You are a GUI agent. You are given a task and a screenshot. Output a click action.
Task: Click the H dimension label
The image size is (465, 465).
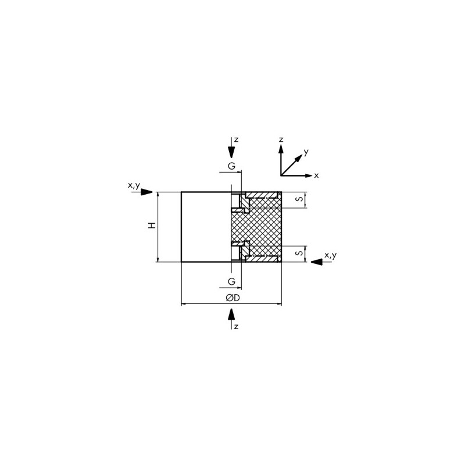coord(152,226)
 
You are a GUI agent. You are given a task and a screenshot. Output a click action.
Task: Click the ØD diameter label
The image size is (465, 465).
coord(233,298)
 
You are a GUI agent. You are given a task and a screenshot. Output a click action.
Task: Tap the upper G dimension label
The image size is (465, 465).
coord(231,166)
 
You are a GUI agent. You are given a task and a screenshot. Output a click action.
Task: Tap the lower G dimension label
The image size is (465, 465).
coord(231,281)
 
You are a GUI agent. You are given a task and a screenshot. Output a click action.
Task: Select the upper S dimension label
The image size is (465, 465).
coord(300,198)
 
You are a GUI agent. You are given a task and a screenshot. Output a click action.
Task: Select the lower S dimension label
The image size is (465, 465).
coord(300,253)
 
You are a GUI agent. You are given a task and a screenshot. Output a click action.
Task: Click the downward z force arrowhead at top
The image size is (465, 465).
coord(231,152)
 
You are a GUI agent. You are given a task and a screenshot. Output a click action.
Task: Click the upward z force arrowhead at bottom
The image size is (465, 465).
coord(231,314)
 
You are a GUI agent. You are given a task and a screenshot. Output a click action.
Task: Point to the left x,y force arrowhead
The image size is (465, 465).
coord(146,192)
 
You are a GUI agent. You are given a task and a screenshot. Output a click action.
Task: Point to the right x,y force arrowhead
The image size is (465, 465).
coord(316,262)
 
